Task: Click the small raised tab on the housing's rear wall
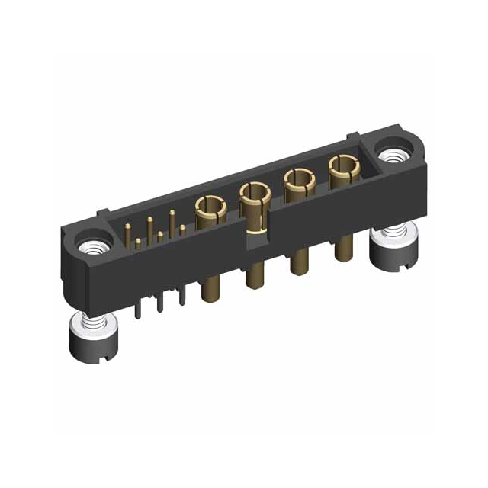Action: pos(352,138)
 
